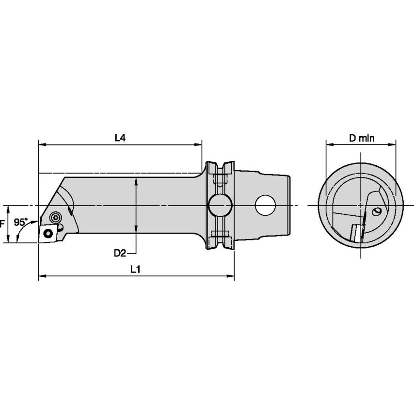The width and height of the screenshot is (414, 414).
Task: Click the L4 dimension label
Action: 120,138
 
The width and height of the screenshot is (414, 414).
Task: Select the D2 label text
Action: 120,253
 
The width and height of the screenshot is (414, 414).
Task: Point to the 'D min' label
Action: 362,138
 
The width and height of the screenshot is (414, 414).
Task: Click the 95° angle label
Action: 20,223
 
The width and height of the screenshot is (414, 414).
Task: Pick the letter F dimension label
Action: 2,224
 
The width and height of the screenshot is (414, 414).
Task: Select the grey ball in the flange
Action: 220,206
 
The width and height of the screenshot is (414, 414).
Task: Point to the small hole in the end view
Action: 376,212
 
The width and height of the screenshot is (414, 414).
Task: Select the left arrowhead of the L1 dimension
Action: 42,277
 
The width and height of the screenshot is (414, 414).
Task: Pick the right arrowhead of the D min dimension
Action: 393,144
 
